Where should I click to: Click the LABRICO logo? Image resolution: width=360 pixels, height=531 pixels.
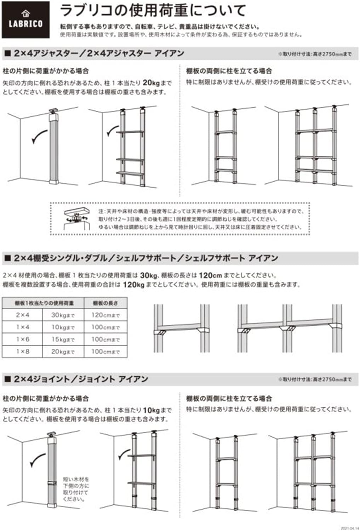[25, 20]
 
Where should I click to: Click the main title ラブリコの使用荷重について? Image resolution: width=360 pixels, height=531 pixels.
[153, 11]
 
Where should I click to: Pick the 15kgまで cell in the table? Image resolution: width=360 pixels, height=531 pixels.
[63, 339]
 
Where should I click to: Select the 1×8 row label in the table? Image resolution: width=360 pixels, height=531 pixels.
[23, 352]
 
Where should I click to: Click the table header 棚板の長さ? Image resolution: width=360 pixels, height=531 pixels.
[105, 303]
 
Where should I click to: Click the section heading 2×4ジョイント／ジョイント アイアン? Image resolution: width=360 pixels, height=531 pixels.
[81, 379]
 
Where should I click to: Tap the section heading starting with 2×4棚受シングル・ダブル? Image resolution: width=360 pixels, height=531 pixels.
[146, 258]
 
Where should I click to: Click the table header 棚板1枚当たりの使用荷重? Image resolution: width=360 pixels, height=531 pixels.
[44, 303]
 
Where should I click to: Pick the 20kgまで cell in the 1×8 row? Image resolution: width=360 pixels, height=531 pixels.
[63, 352]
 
